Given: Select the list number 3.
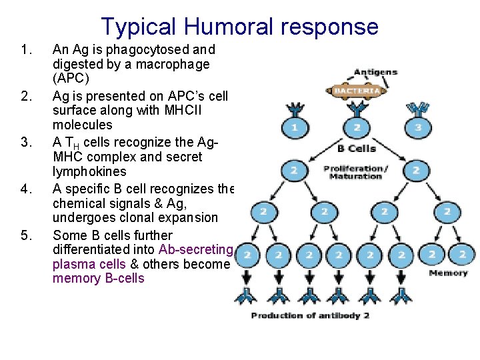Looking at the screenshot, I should [x=26, y=142].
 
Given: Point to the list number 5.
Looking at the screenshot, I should [x=26, y=235].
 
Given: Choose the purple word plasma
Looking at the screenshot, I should [x=71, y=263].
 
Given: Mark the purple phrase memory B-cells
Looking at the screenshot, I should [x=98, y=278].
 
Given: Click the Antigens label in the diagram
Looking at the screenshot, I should [x=375, y=72].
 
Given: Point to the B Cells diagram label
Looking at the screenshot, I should [x=356, y=148].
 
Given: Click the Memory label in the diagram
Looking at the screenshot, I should [x=447, y=273].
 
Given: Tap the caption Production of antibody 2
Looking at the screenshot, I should [x=310, y=315].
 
